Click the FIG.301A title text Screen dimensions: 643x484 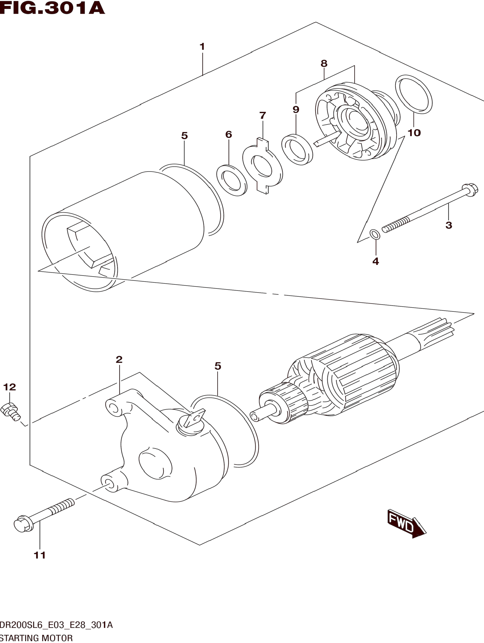point(52,8)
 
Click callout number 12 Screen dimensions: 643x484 point(10,387)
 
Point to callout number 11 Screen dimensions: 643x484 point(40,555)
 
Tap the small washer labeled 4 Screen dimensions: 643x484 point(375,234)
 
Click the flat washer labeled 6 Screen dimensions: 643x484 point(232,180)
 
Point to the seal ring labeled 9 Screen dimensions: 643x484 point(297,150)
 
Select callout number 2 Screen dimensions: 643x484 point(119,360)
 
